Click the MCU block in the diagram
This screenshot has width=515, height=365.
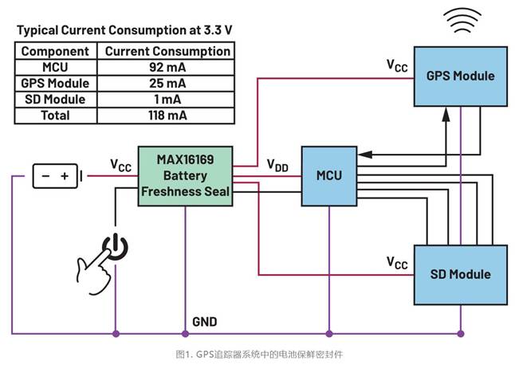pos(328,175)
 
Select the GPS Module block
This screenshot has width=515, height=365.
pos(460,77)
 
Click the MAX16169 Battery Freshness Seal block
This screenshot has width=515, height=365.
pos(186,176)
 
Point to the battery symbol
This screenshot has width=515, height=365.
pos(56,175)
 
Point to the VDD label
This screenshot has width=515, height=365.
pos(278,165)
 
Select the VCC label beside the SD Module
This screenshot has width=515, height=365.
pos(396,262)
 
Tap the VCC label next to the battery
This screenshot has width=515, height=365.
pos(120,165)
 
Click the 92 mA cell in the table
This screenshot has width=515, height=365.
pos(166,67)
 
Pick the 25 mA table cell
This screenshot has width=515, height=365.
pos(166,83)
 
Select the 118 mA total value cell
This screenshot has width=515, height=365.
pos(166,116)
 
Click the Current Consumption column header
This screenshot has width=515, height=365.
pos(166,51)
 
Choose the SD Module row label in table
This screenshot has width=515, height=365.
pos(56,100)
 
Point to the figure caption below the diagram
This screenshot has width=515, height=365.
pos(258,353)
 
